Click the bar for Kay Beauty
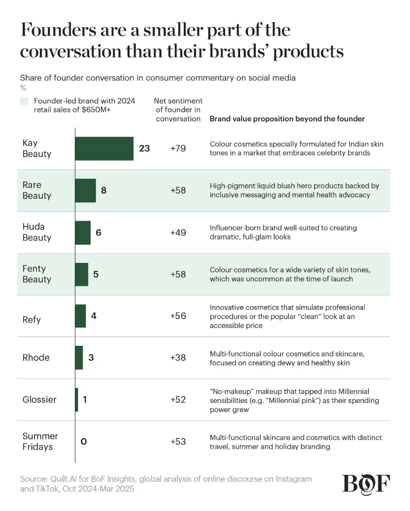[104, 148]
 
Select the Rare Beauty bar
[85, 191]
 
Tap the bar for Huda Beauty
[83, 232]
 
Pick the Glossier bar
[76, 400]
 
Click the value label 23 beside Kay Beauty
[144, 148]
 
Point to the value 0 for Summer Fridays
[84, 441]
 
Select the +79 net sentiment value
[178, 148]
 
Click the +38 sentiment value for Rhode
[178, 358]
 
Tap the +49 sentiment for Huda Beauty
[178, 232]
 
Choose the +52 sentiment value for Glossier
[178, 400]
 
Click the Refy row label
[32, 319]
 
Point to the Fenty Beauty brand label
[37, 274]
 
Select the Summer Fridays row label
[40, 441]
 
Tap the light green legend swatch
[24, 101]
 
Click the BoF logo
[366, 483]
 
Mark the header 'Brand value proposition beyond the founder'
[287, 119]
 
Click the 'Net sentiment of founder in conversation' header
[178, 110]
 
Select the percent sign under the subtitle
[23, 88]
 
